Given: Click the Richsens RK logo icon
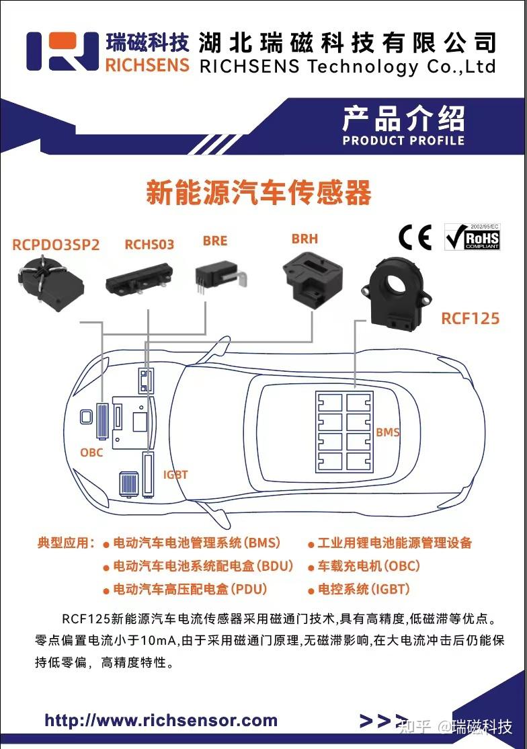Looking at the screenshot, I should pyautogui.click(x=63, y=51).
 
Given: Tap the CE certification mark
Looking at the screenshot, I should pyautogui.click(x=415, y=237).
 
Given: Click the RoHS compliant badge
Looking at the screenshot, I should pyautogui.click(x=472, y=237).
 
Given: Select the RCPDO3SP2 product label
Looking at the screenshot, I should pyautogui.click(x=56, y=245).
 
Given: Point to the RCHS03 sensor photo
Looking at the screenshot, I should pyautogui.click(x=139, y=279).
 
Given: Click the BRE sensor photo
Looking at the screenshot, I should pyautogui.click(x=214, y=276).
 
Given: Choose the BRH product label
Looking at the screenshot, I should pyautogui.click(x=305, y=239).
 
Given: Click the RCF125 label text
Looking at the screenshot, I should pyautogui.click(x=470, y=318).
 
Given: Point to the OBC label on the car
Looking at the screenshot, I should pyautogui.click(x=91, y=452).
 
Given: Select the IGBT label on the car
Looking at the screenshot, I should pyautogui.click(x=175, y=475).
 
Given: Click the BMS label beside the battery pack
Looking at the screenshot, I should pyautogui.click(x=388, y=432).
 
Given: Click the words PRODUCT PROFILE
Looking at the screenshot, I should pyautogui.click(x=403, y=141).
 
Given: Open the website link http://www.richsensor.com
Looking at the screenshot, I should pyautogui.click(x=161, y=721).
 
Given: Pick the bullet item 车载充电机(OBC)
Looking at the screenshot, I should pyautogui.click(x=369, y=566).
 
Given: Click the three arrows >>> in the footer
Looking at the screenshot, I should pyautogui.click(x=384, y=721).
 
